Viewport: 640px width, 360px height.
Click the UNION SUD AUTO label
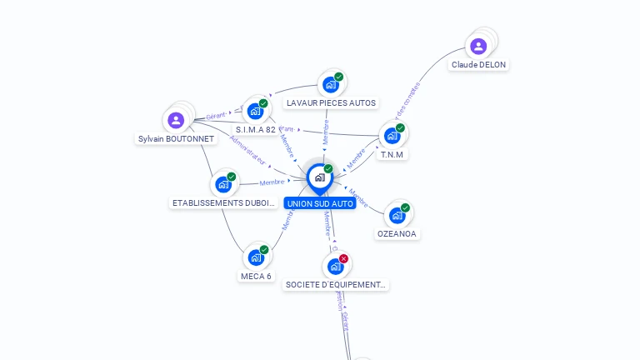click(319, 203)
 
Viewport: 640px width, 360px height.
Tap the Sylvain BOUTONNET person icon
click(176, 120)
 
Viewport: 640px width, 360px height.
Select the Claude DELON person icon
click(478, 46)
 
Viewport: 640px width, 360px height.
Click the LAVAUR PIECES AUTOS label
click(331, 103)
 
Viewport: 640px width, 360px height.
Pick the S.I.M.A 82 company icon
click(255, 111)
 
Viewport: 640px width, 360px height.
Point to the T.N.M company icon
click(392, 136)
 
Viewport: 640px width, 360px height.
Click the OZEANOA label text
click(397, 234)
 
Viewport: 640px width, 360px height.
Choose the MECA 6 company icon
click(256, 257)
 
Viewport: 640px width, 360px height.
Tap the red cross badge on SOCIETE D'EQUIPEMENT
click(343, 258)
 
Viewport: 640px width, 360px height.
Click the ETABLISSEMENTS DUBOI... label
click(223, 202)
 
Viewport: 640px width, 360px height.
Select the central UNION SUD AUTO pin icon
click(319, 177)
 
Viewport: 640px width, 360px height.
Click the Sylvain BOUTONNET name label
click(176, 139)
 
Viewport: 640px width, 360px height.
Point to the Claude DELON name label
click(478, 64)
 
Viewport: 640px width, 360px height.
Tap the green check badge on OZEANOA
click(405, 207)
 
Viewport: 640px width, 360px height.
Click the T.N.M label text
click(392, 155)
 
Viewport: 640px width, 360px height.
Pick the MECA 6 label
click(256, 276)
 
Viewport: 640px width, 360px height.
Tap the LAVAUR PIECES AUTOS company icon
click(331, 84)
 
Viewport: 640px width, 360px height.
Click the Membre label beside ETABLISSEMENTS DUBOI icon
click(272, 182)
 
